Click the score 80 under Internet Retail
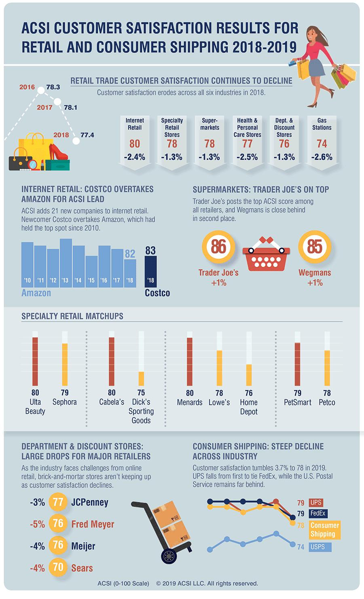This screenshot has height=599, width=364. click(x=135, y=143)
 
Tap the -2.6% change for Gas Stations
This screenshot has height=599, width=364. click(x=322, y=157)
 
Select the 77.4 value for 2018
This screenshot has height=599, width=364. click(x=87, y=135)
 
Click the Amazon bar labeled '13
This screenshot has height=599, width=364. click(x=66, y=263)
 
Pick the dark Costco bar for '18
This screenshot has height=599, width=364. click(x=150, y=272)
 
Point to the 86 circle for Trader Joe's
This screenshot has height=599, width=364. click(x=218, y=247)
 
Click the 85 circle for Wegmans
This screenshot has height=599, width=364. click(x=315, y=247)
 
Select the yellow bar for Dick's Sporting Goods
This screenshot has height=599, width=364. click(x=141, y=378)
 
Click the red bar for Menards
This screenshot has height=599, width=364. click(x=190, y=361)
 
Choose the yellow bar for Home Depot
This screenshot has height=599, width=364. click(x=249, y=375)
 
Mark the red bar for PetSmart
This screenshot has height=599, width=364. click(x=298, y=364)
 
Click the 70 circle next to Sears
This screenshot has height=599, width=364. click(x=58, y=567)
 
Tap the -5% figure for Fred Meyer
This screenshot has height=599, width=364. click(x=37, y=524)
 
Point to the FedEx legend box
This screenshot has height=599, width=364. click(x=318, y=513)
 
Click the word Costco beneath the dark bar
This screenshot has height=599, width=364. click(x=157, y=293)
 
